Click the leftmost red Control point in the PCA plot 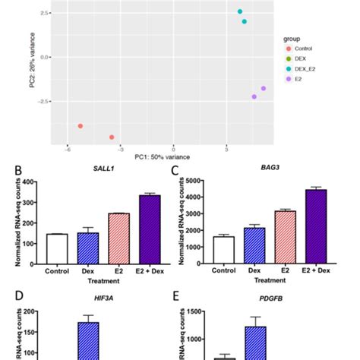(x=80, y=126)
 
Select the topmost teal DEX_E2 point (x=240, y=11)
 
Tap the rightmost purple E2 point (x=264, y=88)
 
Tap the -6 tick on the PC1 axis (x=68, y=149)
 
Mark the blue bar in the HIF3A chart (x=89, y=341)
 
